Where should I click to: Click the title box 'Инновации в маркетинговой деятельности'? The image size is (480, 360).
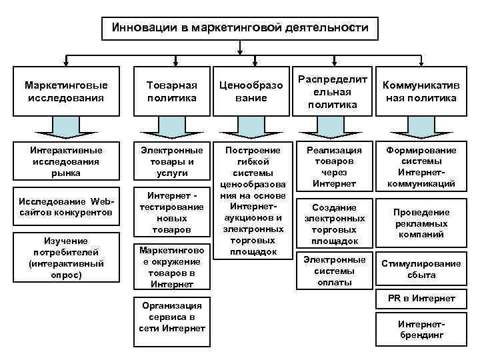point(239,28)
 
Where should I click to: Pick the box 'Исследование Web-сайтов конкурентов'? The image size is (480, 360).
point(65,206)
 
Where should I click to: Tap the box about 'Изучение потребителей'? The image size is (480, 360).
point(65,256)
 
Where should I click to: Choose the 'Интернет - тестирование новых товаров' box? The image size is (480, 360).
point(172,211)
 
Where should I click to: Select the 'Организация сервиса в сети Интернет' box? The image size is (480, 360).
point(172,317)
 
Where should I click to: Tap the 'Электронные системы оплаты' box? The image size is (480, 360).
point(333,270)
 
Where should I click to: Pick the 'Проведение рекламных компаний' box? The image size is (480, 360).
point(421,223)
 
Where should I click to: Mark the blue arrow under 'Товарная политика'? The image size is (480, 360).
point(172,127)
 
